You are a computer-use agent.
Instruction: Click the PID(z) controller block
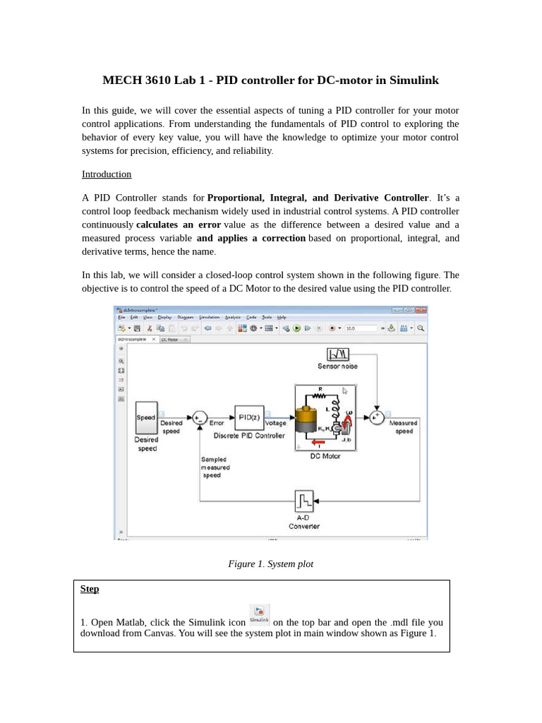click(x=249, y=417)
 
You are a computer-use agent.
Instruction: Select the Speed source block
click(x=146, y=417)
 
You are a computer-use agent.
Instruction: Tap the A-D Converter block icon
click(x=304, y=501)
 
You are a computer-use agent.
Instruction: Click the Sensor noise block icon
click(x=337, y=354)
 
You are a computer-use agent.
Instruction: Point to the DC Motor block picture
click(x=325, y=418)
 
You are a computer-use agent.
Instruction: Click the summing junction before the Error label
click(x=200, y=418)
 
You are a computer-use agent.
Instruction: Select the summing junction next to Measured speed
click(x=377, y=417)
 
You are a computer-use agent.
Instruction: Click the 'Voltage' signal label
click(x=275, y=423)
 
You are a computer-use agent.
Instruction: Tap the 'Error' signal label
click(x=217, y=423)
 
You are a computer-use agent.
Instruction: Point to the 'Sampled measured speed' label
click(x=215, y=467)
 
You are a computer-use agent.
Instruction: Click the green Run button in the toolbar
click(x=296, y=328)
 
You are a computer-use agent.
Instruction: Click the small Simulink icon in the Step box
click(x=259, y=614)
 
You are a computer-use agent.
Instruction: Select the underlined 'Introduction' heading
click(x=107, y=174)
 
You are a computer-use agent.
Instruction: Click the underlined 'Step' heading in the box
click(x=90, y=589)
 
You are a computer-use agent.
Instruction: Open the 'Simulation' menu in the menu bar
click(x=209, y=318)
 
